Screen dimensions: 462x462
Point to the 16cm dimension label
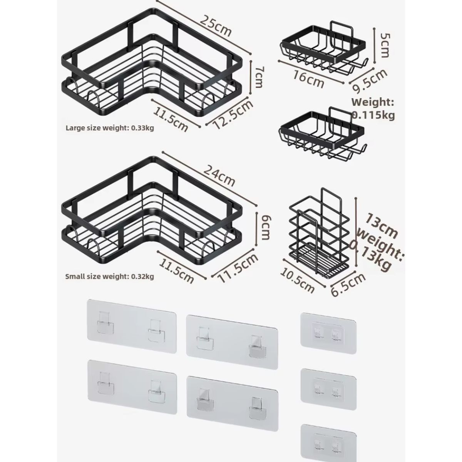[x=308, y=78]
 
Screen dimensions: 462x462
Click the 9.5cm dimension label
[x=369, y=81]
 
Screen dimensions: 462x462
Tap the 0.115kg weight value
[x=374, y=115]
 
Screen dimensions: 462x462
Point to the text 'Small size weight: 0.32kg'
[x=110, y=276]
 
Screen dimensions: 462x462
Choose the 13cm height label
[x=381, y=226]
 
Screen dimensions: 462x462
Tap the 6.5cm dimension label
[x=349, y=285]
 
